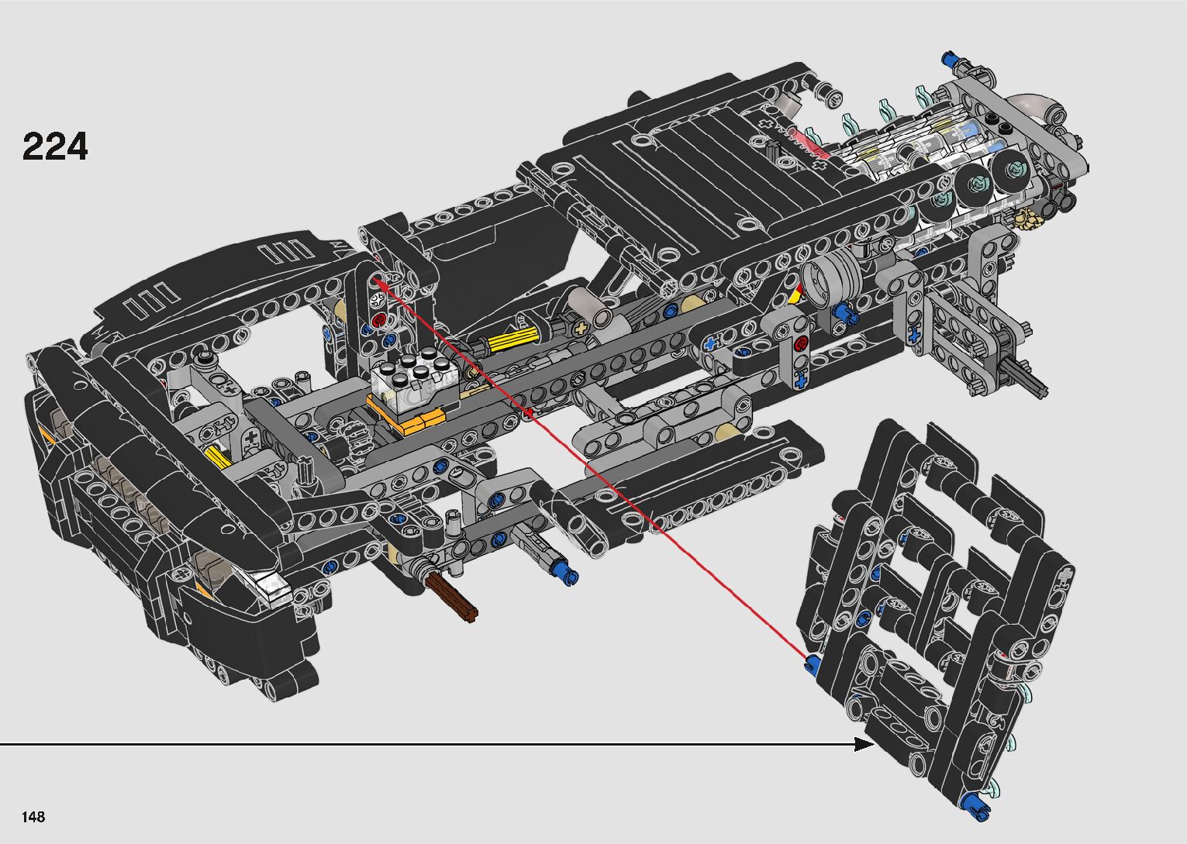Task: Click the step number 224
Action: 54,146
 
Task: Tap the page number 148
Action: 33,816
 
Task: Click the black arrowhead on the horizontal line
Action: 864,744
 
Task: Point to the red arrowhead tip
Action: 372,275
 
